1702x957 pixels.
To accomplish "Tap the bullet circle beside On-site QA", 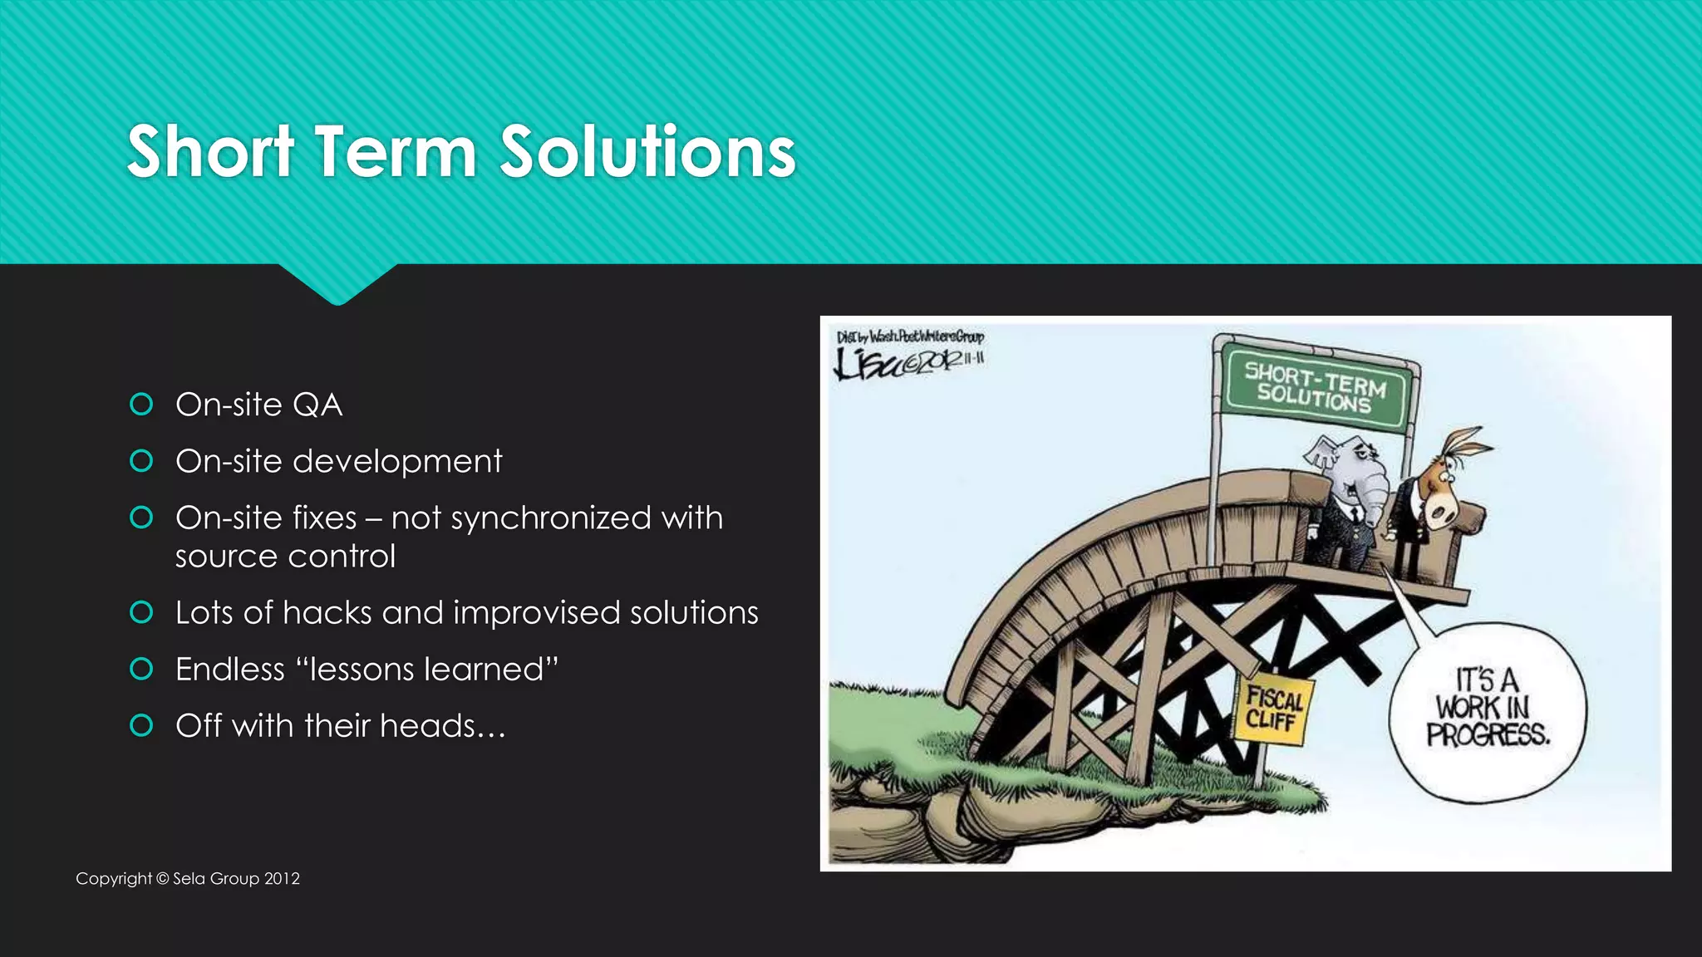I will click(141, 405).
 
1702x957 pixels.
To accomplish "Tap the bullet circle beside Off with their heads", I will click(141, 726).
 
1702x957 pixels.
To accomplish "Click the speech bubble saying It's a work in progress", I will click(1487, 710).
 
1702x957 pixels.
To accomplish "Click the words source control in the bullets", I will click(285, 557).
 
